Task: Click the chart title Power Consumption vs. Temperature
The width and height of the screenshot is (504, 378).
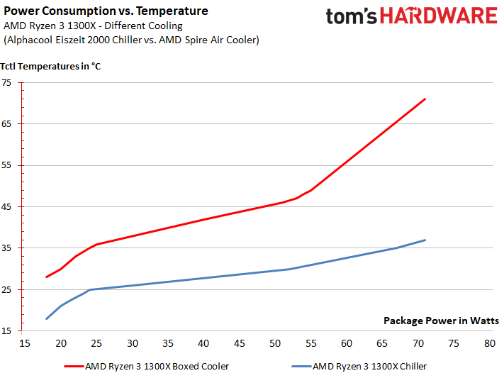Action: click(106, 11)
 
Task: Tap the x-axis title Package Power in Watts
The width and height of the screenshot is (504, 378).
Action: click(441, 320)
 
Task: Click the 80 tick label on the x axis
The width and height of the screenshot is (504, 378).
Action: click(489, 343)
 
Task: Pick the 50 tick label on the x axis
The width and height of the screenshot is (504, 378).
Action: click(275, 343)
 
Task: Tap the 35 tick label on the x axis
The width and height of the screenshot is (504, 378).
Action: click(168, 343)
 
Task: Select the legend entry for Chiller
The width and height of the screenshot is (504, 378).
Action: click(369, 366)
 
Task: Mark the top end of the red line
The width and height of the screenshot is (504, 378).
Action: click(425, 99)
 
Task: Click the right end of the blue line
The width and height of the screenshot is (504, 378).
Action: click(425, 240)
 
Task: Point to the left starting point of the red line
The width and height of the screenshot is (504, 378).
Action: click(46, 277)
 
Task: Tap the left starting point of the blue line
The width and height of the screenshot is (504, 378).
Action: click(46, 318)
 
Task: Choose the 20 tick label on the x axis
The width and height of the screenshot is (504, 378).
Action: click(61, 343)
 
